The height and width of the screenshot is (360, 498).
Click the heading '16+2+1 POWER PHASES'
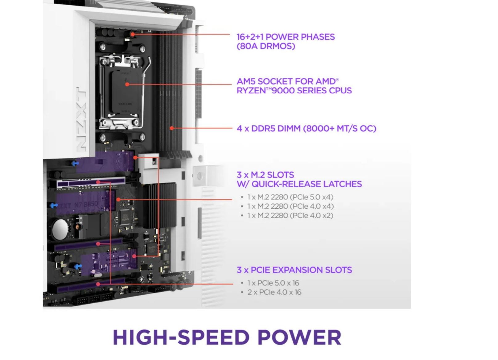286,37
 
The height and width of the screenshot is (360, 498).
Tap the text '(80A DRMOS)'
266,46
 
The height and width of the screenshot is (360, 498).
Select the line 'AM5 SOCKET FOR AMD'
287,81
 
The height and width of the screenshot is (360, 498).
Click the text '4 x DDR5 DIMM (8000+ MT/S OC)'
307,129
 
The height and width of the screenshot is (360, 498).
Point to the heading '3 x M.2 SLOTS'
265,175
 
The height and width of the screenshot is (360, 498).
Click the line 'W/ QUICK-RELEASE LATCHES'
299,184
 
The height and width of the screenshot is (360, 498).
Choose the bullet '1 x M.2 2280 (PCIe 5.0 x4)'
290,197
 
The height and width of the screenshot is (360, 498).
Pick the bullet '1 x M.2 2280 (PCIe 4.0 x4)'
290,206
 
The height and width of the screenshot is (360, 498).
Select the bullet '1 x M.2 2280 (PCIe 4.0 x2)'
290,215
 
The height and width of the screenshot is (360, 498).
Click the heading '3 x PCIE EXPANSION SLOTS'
294,270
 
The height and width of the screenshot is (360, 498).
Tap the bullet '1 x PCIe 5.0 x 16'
273,283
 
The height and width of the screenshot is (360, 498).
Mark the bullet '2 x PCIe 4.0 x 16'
274,292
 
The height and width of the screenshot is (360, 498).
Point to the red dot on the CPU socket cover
127,84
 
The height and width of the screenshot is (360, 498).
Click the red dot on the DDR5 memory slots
171,128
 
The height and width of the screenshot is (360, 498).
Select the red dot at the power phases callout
133,34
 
